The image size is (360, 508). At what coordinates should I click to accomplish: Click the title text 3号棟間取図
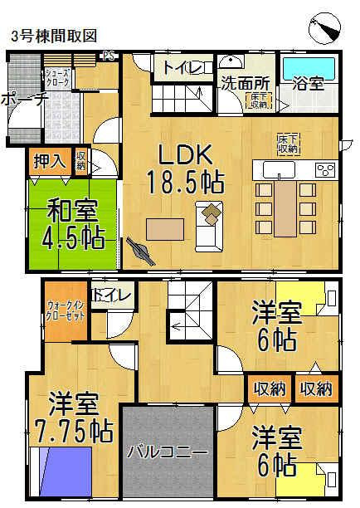54,36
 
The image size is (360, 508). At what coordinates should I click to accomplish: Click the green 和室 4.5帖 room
70,225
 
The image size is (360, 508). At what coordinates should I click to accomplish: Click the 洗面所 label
245,83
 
